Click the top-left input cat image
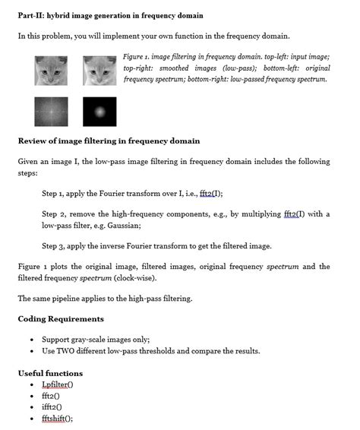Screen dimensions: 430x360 (x=51, y=70)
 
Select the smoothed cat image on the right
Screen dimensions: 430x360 (x=99, y=70)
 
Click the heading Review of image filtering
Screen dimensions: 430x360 (x=109, y=141)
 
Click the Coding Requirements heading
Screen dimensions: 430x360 (x=61, y=318)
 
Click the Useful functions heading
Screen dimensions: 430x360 (x=50, y=373)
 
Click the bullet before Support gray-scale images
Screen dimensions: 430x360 (x=31, y=340)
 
